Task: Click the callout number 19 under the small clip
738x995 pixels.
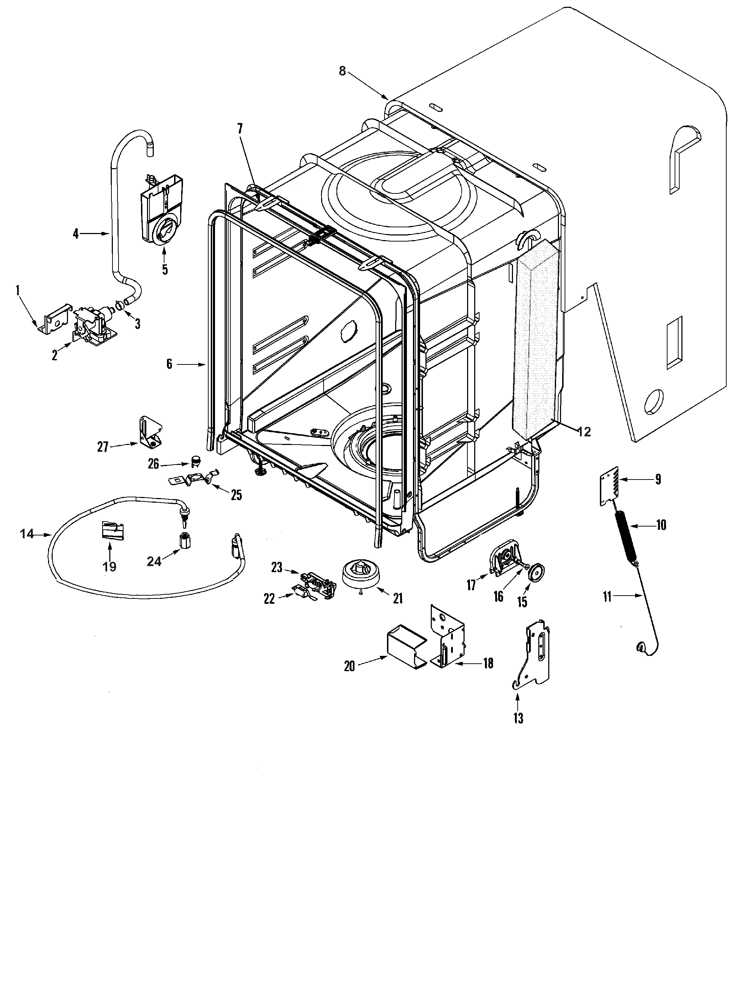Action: point(109,567)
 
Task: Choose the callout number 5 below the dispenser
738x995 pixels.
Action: point(165,270)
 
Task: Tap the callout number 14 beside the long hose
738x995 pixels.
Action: point(27,533)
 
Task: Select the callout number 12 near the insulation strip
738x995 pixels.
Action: point(584,432)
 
